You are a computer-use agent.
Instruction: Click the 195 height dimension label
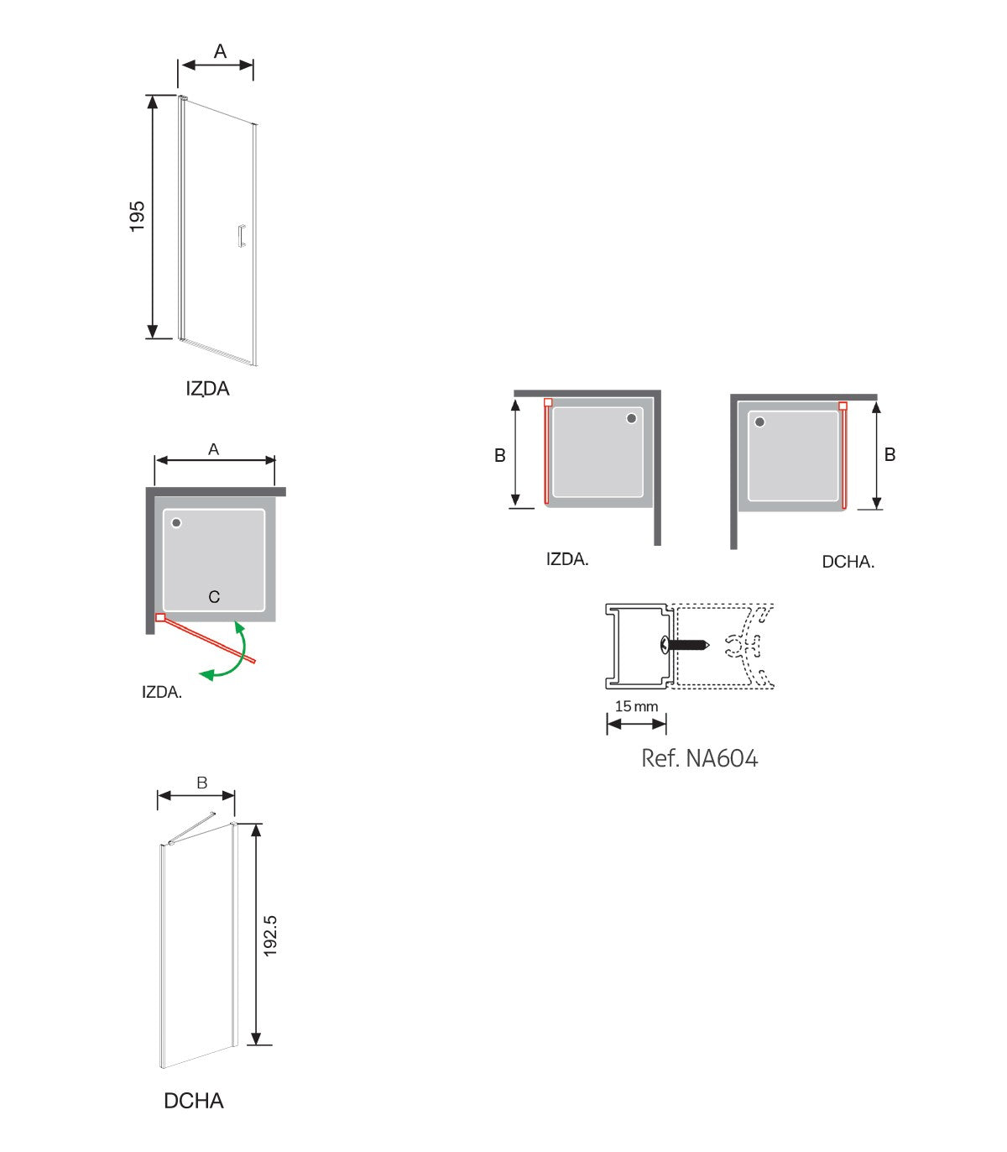click(137, 217)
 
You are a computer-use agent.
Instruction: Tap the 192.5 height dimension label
click(270, 935)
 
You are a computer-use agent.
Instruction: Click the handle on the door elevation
click(242, 235)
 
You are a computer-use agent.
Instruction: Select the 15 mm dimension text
click(636, 706)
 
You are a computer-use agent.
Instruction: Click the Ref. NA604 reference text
click(699, 758)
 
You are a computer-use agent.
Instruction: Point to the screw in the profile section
click(686, 644)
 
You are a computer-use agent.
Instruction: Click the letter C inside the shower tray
click(214, 597)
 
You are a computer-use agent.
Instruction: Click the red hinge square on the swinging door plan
click(160, 618)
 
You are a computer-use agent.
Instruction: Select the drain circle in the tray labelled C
click(176, 523)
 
